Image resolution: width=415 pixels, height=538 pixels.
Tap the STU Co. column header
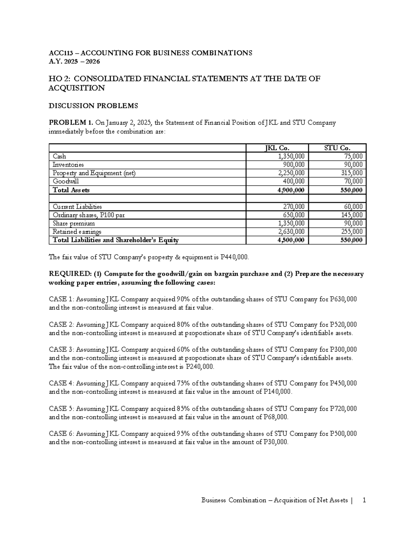pyautogui.click(x=337, y=148)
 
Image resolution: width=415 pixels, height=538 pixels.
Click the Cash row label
pyautogui.click(x=59, y=156)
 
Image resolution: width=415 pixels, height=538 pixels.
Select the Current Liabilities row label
pyautogui.click(x=77, y=207)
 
